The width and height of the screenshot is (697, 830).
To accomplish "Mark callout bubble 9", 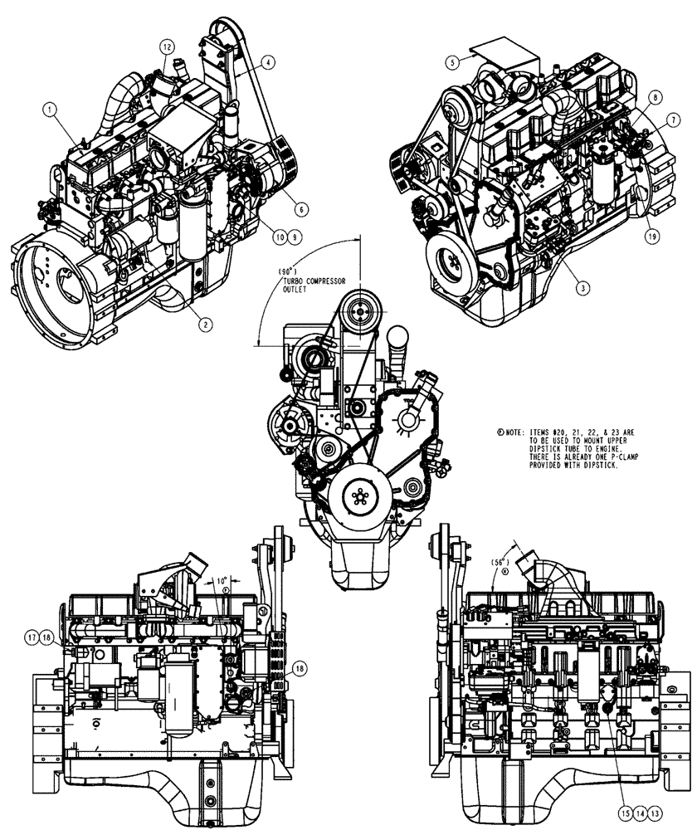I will tap(295, 237).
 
